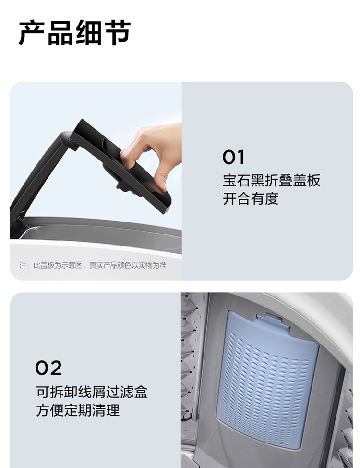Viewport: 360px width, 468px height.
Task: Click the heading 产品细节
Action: [74, 33]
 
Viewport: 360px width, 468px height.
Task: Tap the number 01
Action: [233, 157]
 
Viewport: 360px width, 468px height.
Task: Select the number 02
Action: [48, 368]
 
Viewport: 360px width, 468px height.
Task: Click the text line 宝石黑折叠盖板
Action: [271, 181]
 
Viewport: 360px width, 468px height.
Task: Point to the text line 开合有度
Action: [251, 199]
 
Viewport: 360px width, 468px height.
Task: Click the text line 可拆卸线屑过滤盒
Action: [92, 392]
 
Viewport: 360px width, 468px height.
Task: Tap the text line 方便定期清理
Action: [78, 410]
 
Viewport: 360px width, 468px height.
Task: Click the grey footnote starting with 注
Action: [93, 265]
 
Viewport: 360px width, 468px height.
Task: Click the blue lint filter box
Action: [267, 379]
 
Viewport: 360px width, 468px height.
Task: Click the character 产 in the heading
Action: [32, 33]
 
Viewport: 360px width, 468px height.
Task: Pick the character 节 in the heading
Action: [118, 33]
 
